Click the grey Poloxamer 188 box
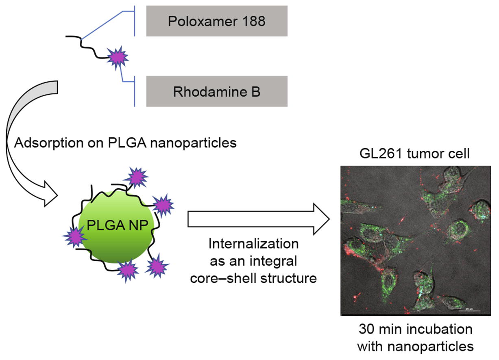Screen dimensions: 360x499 coord(217,21)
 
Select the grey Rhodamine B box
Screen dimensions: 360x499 coord(217,91)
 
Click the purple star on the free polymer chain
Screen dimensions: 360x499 coord(118,58)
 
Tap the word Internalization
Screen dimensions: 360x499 coord(254,245)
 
